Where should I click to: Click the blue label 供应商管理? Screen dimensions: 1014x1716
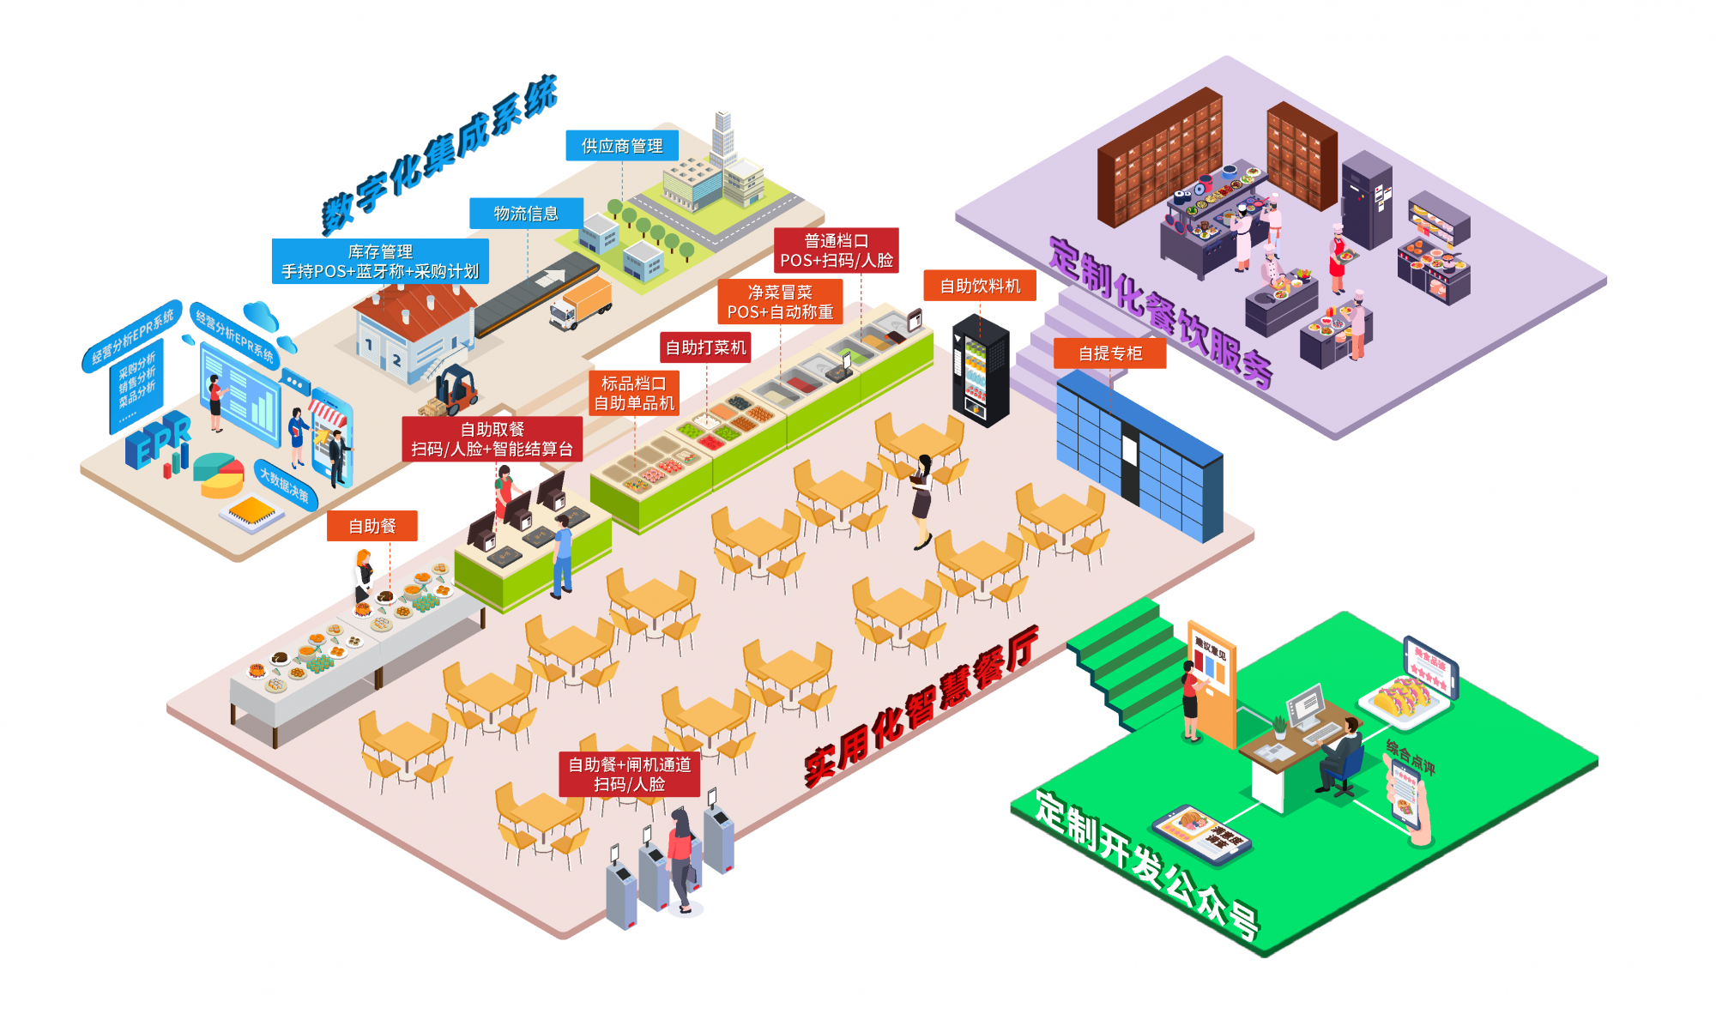pyautogui.click(x=622, y=146)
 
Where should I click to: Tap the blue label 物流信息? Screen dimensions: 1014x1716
pyautogui.click(x=526, y=214)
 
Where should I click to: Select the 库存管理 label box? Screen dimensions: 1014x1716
pyautogui.click(x=380, y=262)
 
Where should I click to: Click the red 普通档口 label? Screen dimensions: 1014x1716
pyautogui.click(x=836, y=250)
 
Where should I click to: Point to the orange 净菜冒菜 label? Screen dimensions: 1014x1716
pyautogui.click(x=780, y=302)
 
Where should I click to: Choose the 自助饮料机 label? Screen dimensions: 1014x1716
pyautogui.click(x=980, y=286)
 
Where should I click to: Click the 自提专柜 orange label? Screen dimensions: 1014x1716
pyautogui.click(x=1109, y=353)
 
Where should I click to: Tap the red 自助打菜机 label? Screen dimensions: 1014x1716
pyautogui.click(x=705, y=347)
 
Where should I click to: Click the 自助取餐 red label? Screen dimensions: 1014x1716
pyautogui.click(x=492, y=439)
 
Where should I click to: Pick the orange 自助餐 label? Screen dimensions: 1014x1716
pyautogui.click(x=372, y=526)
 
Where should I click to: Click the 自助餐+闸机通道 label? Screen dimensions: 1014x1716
pyautogui.click(x=629, y=774)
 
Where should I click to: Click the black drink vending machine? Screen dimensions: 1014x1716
pyautogui.click(x=981, y=371)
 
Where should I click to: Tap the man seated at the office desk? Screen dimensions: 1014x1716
pyautogui.click(x=1341, y=753)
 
